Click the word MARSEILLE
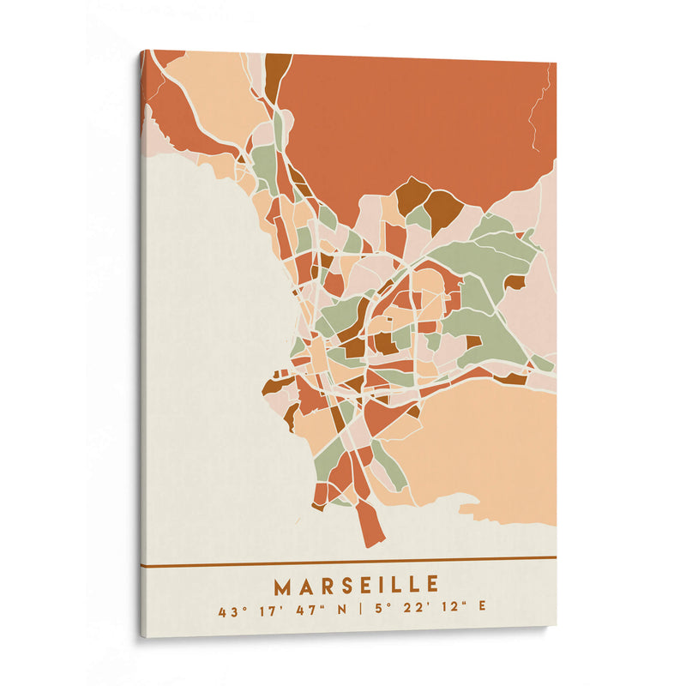pos(356,587)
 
